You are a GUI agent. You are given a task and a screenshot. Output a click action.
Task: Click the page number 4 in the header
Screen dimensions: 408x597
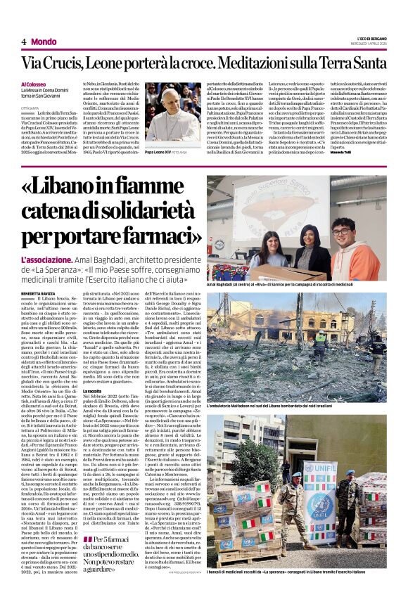coord(24,41)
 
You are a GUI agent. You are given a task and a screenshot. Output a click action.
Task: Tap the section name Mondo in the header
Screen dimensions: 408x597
coord(44,41)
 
